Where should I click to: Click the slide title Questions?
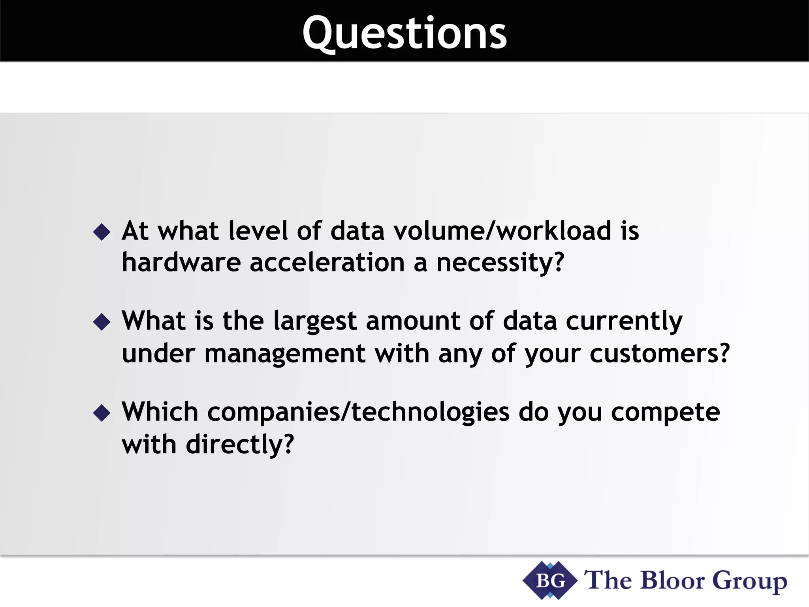404,34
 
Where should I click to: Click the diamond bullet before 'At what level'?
102,232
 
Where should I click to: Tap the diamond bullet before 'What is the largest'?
102,322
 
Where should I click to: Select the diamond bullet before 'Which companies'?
102,413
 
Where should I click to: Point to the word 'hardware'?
181,262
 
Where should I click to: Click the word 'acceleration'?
327,262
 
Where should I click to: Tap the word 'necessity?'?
500,263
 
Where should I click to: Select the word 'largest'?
315,321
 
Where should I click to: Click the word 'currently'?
624,321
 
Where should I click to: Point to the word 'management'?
284,353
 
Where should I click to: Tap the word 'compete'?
666,412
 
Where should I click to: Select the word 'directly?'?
240,444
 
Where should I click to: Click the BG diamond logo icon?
550,581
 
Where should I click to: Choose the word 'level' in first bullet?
258,231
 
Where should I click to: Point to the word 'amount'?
413,321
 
